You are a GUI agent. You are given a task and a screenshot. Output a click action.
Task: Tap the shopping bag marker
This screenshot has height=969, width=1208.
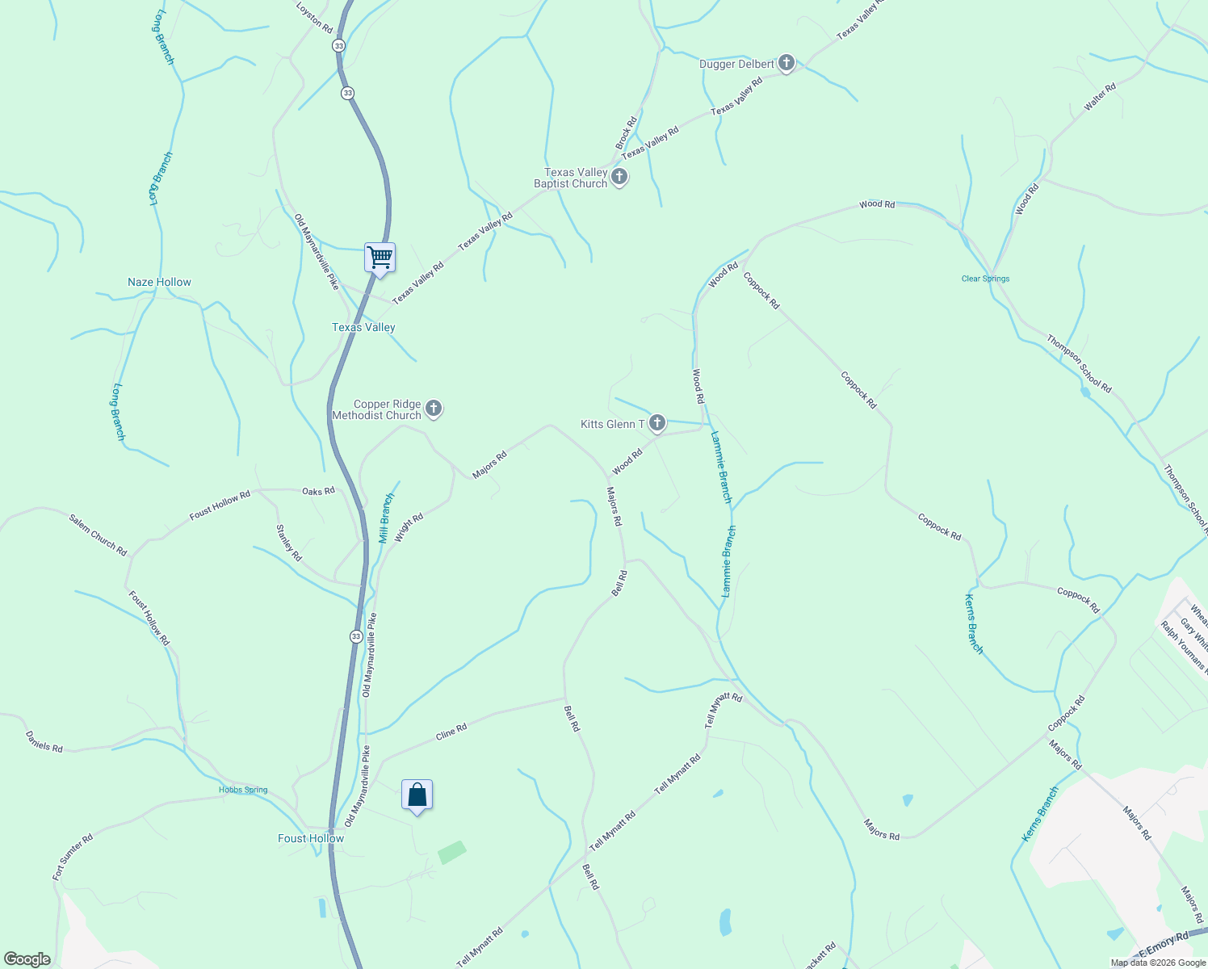(417, 795)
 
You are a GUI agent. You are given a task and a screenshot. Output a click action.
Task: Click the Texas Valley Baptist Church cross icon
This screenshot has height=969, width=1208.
(619, 178)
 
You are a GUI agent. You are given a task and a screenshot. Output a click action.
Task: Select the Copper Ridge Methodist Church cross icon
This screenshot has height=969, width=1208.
(434, 409)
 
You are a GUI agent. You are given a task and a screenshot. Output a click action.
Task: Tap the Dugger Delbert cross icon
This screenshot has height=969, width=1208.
(786, 64)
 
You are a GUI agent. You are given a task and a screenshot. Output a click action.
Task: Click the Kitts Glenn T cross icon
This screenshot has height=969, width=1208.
(657, 423)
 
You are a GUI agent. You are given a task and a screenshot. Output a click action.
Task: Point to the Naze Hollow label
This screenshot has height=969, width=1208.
(159, 282)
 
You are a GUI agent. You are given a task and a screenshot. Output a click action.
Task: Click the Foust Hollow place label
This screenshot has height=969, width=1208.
(311, 838)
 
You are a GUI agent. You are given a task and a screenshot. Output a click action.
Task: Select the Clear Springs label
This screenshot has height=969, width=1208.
(985, 279)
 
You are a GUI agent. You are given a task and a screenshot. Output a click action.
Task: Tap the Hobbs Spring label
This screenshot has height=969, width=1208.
(243, 790)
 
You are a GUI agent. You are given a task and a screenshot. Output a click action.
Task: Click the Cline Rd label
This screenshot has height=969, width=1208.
(451, 732)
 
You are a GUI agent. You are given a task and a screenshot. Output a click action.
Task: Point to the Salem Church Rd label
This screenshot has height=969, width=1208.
(98, 535)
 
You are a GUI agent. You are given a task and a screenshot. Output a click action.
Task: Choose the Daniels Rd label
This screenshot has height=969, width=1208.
(44, 742)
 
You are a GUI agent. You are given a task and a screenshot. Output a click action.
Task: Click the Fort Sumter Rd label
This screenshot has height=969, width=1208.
(73, 857)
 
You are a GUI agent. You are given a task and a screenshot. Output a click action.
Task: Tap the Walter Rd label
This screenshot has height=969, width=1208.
(1100, 96)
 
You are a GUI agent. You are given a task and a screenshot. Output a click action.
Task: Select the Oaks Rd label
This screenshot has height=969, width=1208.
(318, 491)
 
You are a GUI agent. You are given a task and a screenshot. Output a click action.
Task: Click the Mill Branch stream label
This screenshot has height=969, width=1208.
(387, 518)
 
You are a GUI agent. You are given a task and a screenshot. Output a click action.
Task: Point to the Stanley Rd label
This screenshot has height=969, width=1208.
(289, 543)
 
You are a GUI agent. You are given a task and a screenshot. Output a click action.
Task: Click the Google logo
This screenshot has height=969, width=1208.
(27, 959)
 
